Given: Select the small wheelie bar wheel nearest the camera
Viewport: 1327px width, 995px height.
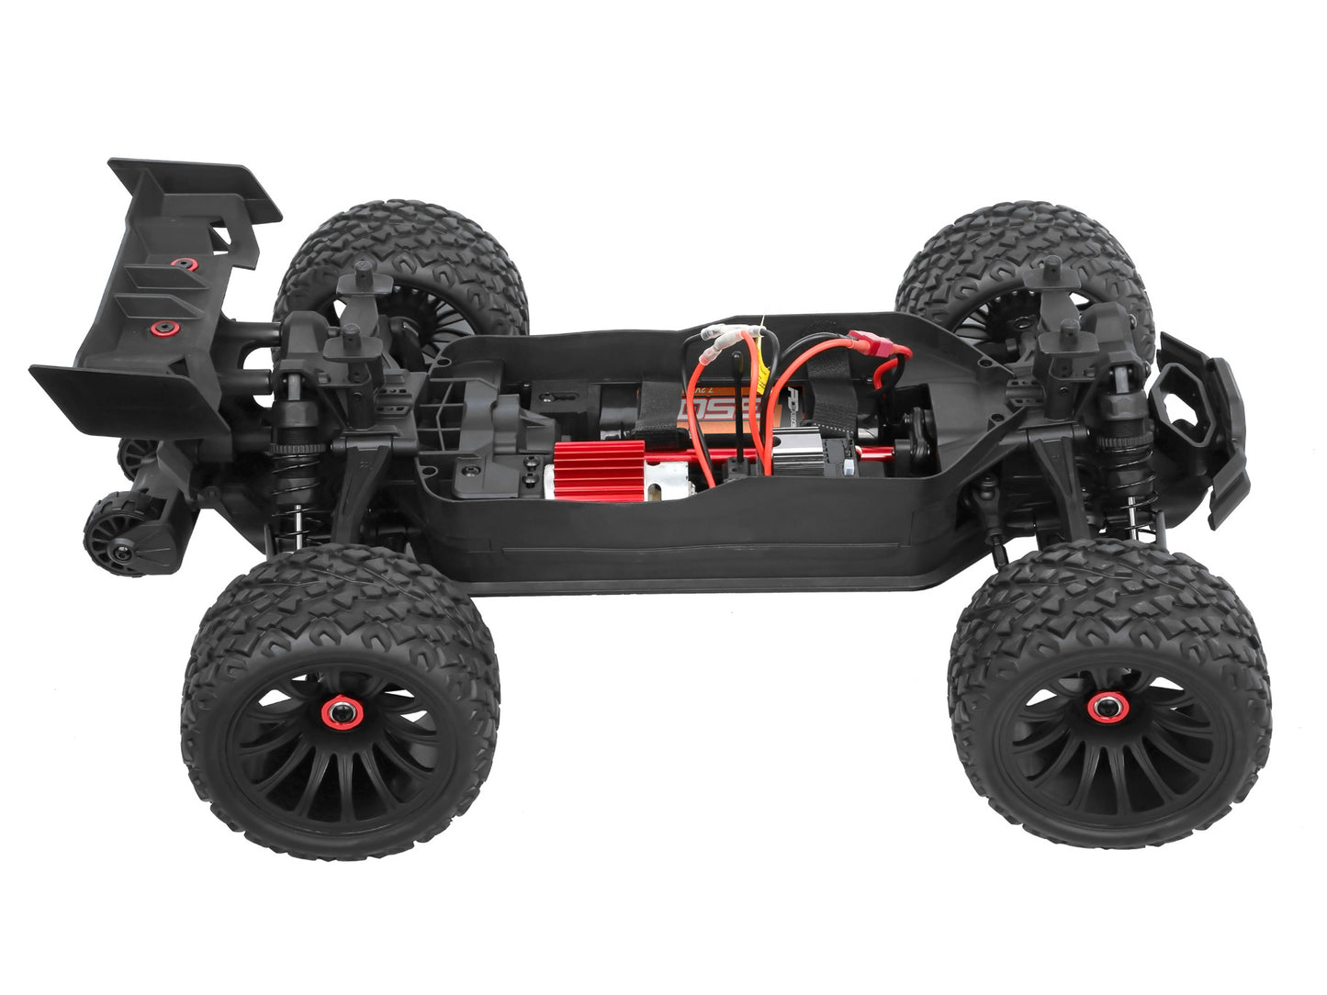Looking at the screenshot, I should click(x=107, y=538).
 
